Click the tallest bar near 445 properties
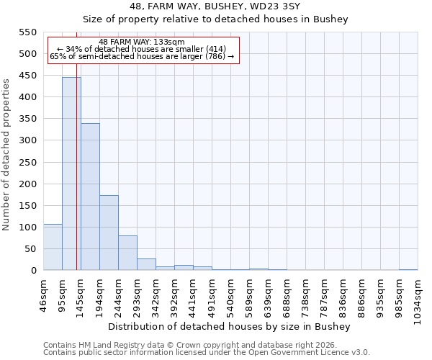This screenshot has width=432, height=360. pyautogui.click(x=71, y=174)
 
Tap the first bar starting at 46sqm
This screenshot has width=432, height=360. pyautogui.click(x=53, y=247)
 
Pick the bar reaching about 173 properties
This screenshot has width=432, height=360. pyautogui.click(x=109, y=233)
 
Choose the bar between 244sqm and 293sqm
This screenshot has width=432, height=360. pyautogui.click(x=127, y=253)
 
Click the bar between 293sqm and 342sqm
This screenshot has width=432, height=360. pyautogui.click(x=146, y=264)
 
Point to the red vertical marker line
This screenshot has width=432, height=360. pyautogui.click(x=76, y=180)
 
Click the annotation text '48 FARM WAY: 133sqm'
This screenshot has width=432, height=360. pyautogui.click(x=142, y=42)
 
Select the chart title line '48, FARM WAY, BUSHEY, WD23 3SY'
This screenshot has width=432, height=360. pyautogui.click(x=215, y=6)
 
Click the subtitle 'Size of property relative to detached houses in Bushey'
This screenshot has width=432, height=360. pyautogui.click(x=215, y=19)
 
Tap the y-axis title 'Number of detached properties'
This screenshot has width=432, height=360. pyautogui.click(x=7, y=155)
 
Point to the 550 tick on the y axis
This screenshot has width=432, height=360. pyautogui.click(x=27, y=32)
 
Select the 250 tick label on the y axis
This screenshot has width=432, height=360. pyautogui.click(x=27, y=162)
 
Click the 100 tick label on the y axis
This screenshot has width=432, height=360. pyautogui.click(x=27, y=228)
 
